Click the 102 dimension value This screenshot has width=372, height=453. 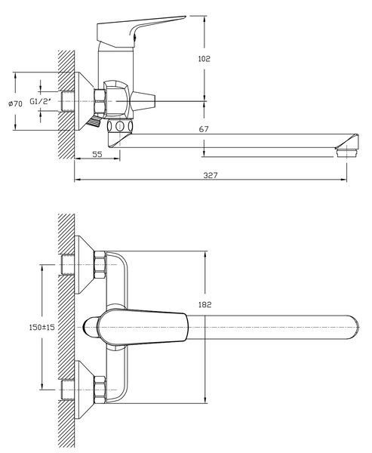click(204, 59)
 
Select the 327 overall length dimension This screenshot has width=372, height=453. click(211, 175)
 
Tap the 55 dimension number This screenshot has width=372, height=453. click(97, 154)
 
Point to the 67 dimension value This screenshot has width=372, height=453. click(204, 129)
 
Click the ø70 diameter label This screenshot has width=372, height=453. click(15, 103)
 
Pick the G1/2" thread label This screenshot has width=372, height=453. click(41, 101)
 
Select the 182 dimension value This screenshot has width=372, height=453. click(205, 304)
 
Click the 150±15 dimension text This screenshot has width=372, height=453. click(42, 327)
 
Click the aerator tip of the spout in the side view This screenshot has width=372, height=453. click(347, 153)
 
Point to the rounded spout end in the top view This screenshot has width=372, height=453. click(354, 327)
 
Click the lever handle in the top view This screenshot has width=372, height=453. click(143, 328)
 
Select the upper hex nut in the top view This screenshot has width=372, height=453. click(100, 265)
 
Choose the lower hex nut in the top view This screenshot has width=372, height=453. click(100, 390)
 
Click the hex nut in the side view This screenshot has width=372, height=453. click(100, 101)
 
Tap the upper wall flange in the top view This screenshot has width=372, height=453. click(84, 265)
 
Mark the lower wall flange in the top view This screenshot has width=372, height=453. click(84, 390)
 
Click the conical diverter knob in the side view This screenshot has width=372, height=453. click(143, 101)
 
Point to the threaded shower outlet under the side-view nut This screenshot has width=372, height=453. click(93, 122)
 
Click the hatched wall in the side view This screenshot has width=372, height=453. click(66, 104)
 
